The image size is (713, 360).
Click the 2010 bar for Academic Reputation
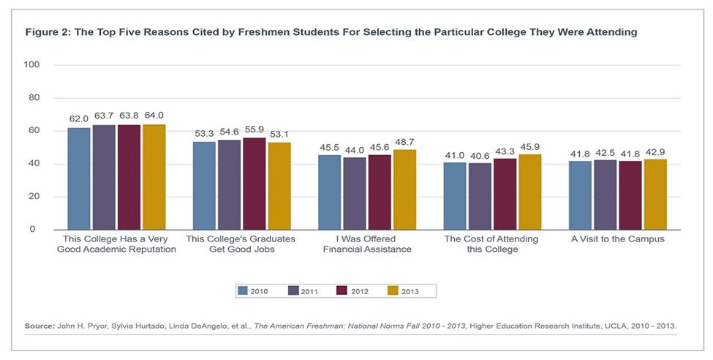coord(80,179)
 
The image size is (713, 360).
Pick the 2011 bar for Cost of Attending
coord(480,196)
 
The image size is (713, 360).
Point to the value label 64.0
coord(154,116)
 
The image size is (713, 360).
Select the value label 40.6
coord(480,154)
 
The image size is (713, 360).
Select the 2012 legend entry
coord(354,290)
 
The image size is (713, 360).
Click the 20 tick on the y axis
coord(34,197)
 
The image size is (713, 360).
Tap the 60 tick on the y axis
coord(34,131)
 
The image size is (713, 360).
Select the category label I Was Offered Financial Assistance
coord(367,244)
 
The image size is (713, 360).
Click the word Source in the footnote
coord(39,325)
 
